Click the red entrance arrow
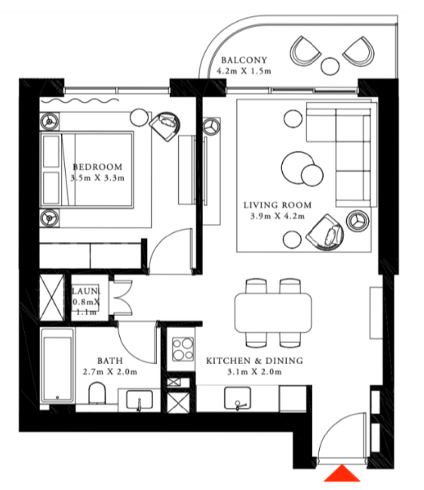tap(342, 473)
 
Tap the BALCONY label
tap(244, 60)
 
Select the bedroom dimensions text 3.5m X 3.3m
tap(97, 178)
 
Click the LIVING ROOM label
tap(278, 205)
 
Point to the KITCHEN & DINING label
tap(254, 360)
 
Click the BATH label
tap(110, 360)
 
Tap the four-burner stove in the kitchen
tap(183, 349)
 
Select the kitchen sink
tap(238, 399)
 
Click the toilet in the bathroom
tap(97, 393)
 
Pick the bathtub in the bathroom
tap(57, 366)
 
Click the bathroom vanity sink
tap(140, 400)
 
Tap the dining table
tap(273, 312)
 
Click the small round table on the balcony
tap(330, 66)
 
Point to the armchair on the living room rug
tap(325, 233)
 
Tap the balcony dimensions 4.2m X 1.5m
tap(244, 71)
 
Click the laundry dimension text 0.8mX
tap(86, 302)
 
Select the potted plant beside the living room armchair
tap(358, 221)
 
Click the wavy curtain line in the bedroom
tap(80, 100)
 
